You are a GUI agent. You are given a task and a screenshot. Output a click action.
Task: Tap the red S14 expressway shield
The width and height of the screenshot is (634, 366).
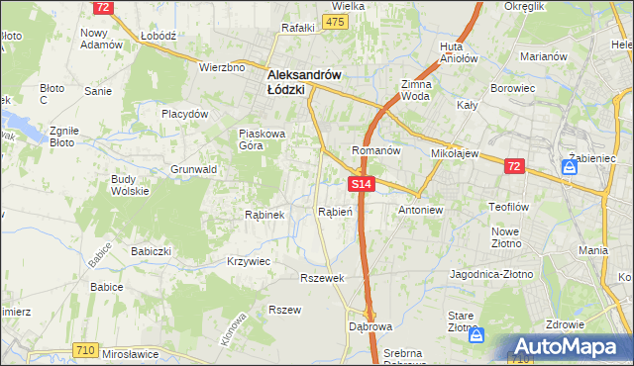(x=362, y=184)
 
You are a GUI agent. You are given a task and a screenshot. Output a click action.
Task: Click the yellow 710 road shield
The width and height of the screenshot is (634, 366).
(x=84, y=350)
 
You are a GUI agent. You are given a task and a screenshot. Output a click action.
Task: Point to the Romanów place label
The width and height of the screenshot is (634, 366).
(x=376, y=151)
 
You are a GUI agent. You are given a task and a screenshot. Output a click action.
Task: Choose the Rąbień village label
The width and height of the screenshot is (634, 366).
(x=336, y=211)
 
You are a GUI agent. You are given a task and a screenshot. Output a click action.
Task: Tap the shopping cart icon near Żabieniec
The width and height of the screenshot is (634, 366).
(x=571, y=168)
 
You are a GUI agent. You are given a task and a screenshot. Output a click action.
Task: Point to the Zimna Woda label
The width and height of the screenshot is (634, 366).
(x=414, y=91)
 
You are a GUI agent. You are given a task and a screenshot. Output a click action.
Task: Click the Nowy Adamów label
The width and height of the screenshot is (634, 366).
(x=101, y=39)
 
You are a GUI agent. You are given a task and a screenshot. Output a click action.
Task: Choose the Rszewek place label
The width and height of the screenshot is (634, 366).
(x=322, y=278)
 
